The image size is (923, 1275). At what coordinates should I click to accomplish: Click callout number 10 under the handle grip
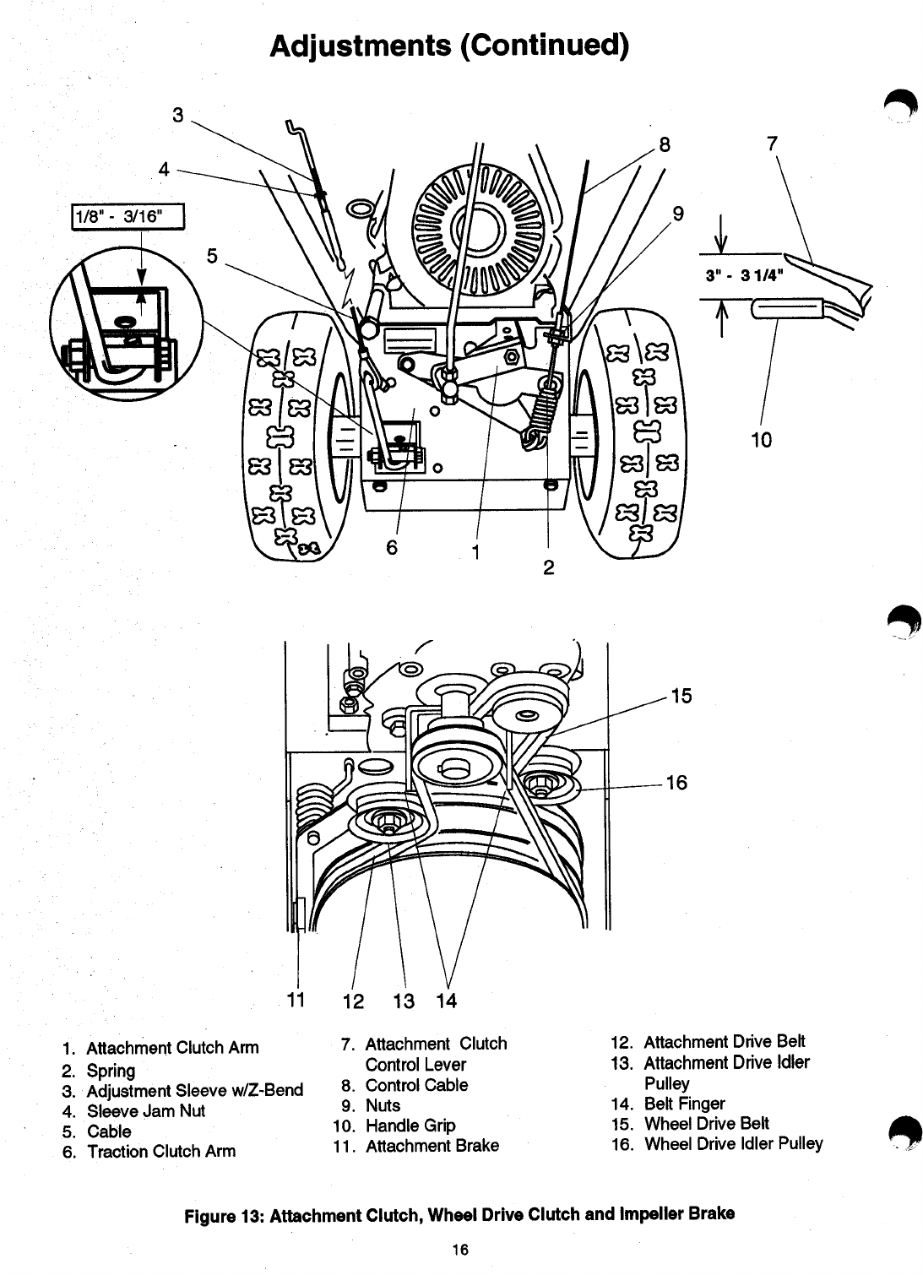point(761,440)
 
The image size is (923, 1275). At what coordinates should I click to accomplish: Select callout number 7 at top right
point(771,144)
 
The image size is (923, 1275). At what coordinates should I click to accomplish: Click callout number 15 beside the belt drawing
point(681,696)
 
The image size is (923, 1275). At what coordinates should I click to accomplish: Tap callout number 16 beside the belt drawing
point(676,783)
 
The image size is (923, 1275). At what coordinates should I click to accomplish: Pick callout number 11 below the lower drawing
point(296,1001)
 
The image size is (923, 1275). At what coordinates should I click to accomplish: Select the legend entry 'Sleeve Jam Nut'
point(146,1111)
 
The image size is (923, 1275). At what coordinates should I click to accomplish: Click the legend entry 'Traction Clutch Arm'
point(161,1152)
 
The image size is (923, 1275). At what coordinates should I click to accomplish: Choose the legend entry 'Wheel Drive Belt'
point(706,1124)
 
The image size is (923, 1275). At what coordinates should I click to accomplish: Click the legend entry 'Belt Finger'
point(684,1104)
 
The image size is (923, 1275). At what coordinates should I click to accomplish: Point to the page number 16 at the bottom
point(459,1250)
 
